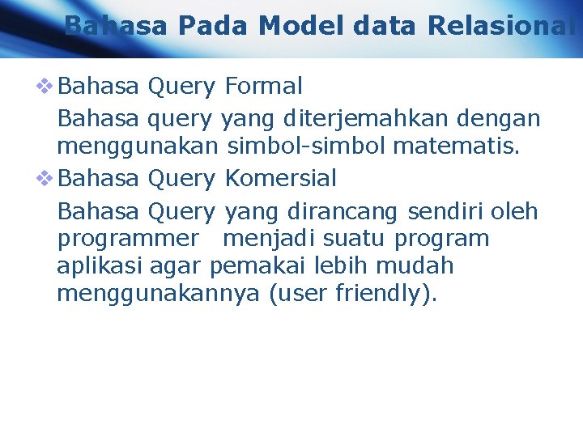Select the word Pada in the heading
coord(215,27)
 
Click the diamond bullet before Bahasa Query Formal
coord(46,86)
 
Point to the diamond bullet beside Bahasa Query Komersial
coord(46,178)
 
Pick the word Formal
coord(263,86)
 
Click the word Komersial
coord(280,178)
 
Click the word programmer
coord(127,240)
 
